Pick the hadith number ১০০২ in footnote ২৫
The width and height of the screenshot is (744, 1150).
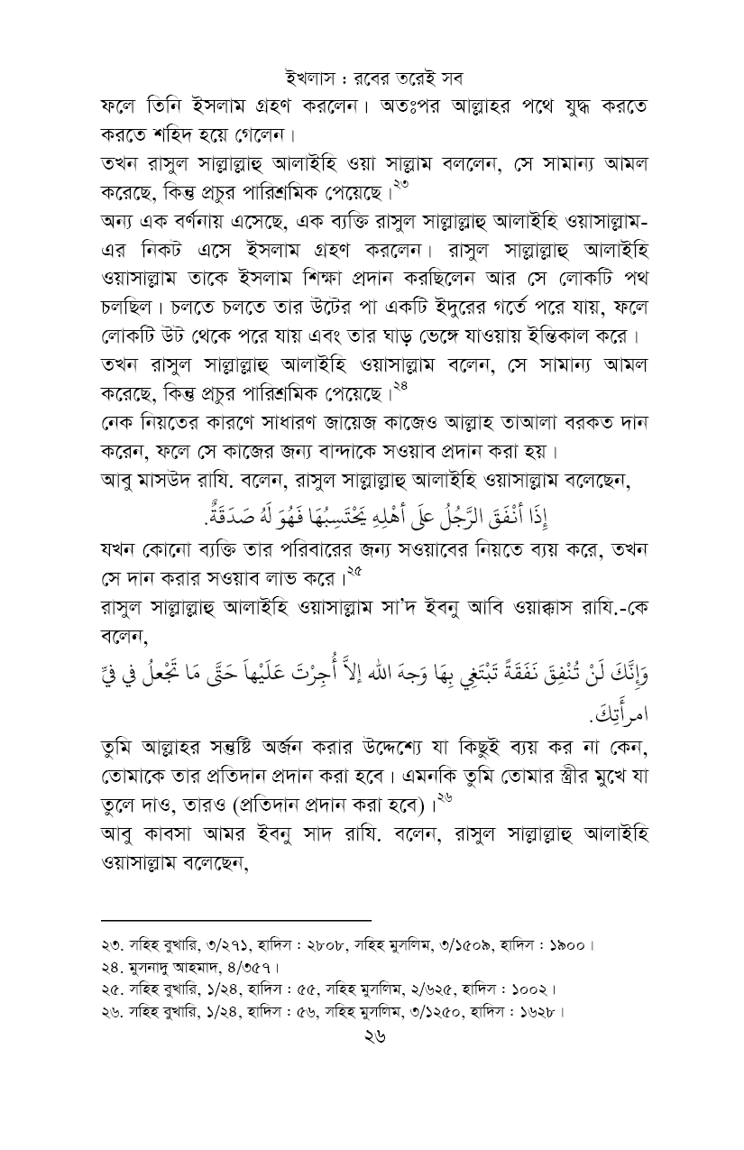pos(534,989)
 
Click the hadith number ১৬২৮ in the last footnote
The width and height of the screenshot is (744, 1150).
pos(541,1011)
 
